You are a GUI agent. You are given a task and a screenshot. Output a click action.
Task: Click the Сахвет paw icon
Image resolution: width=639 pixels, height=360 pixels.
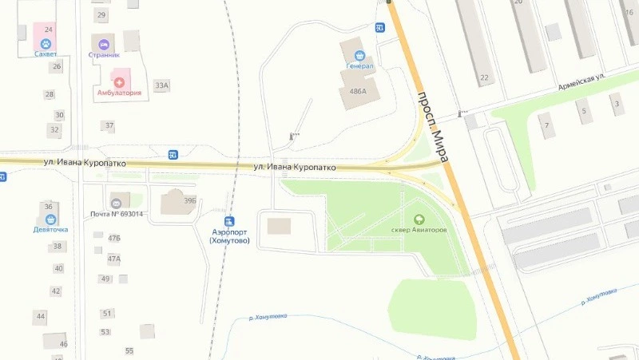coord(46,43)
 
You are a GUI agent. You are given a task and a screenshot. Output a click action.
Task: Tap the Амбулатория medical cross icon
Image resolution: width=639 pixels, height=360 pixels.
coord(119,81)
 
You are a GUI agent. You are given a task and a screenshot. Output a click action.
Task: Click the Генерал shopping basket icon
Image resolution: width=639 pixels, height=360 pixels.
coord(359,55)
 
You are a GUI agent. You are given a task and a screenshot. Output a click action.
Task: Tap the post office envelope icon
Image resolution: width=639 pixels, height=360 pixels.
coord(117,203)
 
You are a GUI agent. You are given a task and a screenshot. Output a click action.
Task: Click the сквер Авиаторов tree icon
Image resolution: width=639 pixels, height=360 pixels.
coord(419,219)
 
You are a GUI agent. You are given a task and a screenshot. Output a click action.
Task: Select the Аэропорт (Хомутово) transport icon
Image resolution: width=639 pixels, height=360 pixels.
coord(230,220)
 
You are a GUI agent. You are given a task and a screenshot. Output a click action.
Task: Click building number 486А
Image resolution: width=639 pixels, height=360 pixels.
coord(358,92)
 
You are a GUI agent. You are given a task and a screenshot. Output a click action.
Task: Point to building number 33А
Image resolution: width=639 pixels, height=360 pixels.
coord(162,85)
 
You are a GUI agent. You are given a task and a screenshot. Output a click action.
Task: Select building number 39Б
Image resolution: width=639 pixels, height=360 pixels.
coord(190,201)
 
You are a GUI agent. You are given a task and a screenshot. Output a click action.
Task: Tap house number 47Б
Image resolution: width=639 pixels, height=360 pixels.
coord(114,238)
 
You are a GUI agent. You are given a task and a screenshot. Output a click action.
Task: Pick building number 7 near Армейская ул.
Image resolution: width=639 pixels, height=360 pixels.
coord(547,126)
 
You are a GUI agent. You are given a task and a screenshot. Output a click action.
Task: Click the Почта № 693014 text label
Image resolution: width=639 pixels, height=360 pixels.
coord(117,214)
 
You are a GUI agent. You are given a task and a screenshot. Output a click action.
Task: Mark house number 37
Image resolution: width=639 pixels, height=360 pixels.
coord(109,126)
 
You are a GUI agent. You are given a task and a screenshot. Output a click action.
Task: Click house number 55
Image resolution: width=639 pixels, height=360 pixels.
coord(129,350)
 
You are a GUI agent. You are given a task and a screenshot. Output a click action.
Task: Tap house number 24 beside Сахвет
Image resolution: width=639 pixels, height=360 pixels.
coord(48,30)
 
